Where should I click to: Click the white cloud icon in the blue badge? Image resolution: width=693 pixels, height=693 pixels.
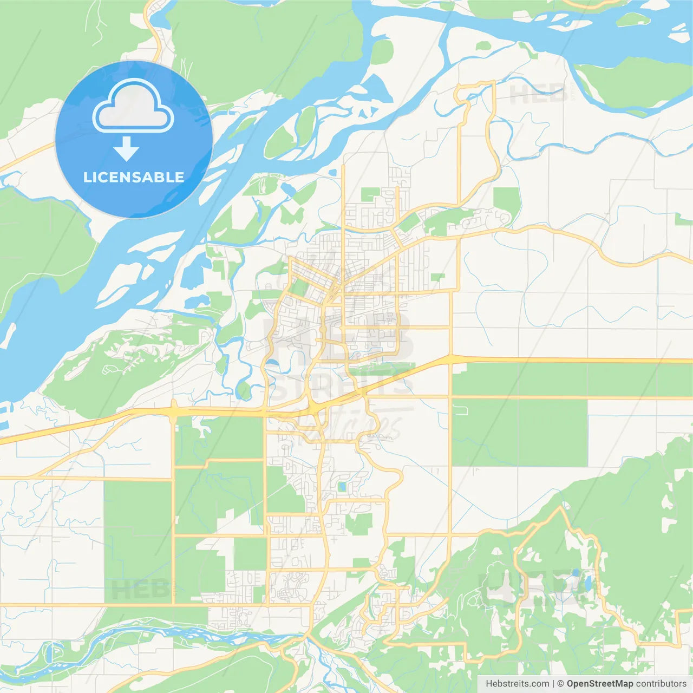(133, 106)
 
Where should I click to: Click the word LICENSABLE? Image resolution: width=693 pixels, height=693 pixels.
(133, 177)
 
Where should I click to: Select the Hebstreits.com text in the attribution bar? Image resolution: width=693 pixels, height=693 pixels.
(517, 684)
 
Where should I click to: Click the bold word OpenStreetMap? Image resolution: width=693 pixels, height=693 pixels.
(600, 684)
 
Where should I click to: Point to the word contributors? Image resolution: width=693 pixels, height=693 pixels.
(661, 684)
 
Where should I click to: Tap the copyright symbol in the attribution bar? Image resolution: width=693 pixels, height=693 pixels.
(561, 684)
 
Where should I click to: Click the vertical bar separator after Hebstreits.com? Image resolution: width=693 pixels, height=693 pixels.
(553, 684)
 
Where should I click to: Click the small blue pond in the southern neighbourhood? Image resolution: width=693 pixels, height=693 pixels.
(342, 487)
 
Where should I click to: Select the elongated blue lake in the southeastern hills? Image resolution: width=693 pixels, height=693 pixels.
(587, 583)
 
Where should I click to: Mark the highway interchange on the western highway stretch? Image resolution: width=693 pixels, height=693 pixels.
(174, 413)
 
